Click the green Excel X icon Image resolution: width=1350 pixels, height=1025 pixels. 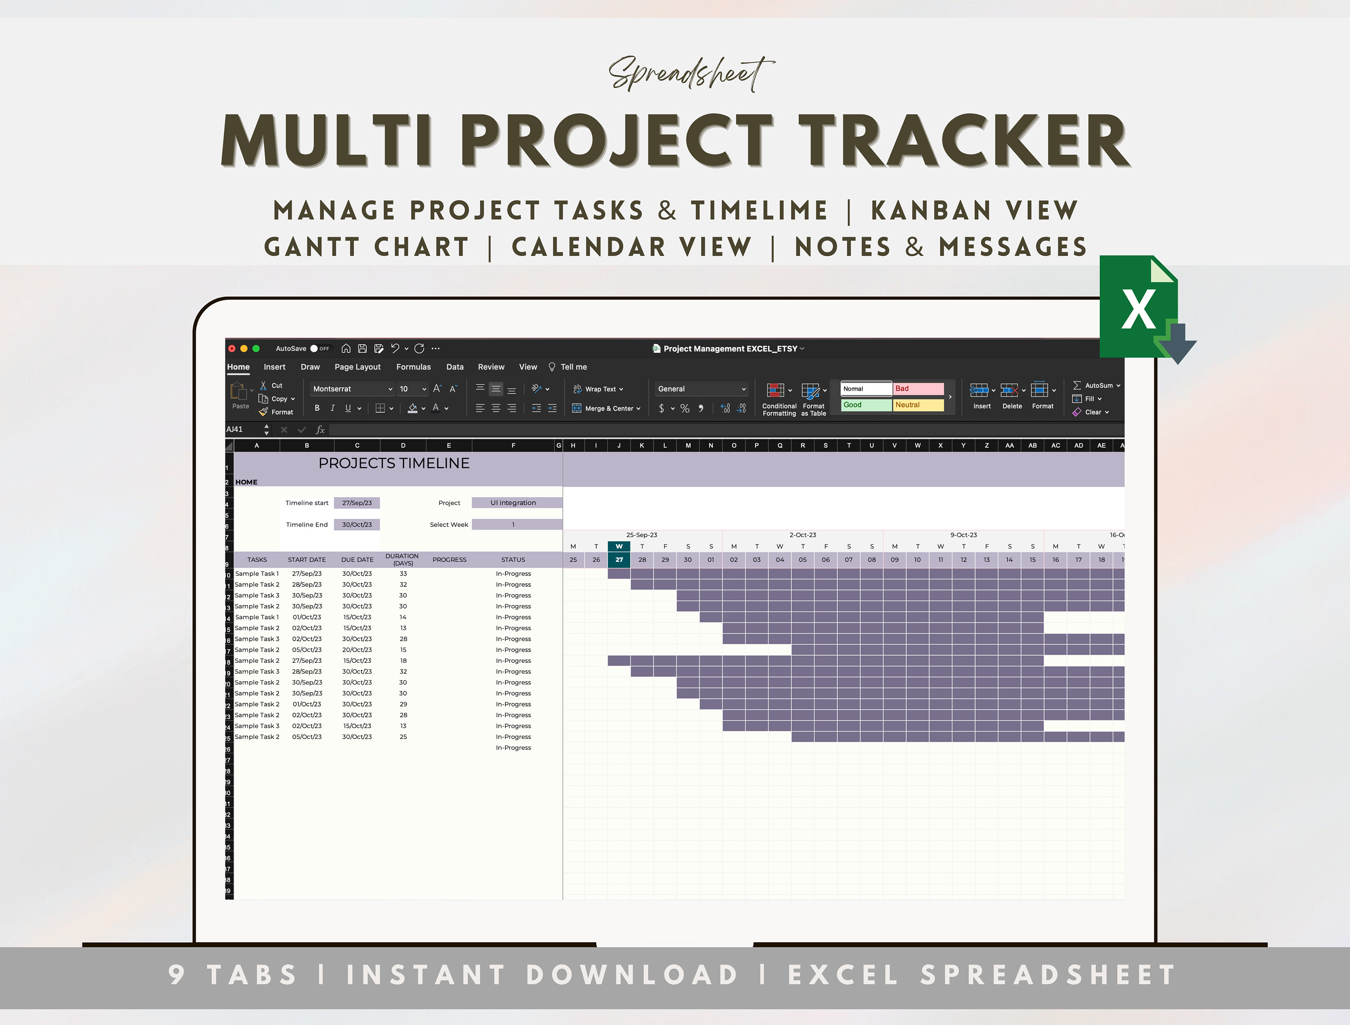[x=1139, y=307]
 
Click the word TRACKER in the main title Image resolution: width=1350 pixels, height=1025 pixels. [x=965, y=142]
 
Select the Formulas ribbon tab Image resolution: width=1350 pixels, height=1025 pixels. [x=413, y=367]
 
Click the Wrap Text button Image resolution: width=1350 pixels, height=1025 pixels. [x=598, y=389]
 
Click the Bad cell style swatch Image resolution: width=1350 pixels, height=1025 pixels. [x=918, y=389]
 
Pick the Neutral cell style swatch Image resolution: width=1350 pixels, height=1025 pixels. [x=918, y=405]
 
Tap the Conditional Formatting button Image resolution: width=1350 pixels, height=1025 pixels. [x=779, y=399]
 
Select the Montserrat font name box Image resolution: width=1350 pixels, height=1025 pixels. [x=351, y=389]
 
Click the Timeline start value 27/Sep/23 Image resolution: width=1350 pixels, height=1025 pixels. [x=356, y=503]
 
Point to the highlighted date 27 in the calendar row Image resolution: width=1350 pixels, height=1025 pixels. [x=619, y=559]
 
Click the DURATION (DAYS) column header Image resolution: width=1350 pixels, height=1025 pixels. [x=402, y=559]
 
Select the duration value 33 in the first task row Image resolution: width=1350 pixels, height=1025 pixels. [x=403, y=574]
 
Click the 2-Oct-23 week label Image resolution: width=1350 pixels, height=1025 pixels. [x=802, y=535]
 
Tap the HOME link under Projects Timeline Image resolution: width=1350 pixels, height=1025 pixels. [x=247, y=482]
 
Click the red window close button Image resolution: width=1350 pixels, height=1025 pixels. [x=232, y=348]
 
